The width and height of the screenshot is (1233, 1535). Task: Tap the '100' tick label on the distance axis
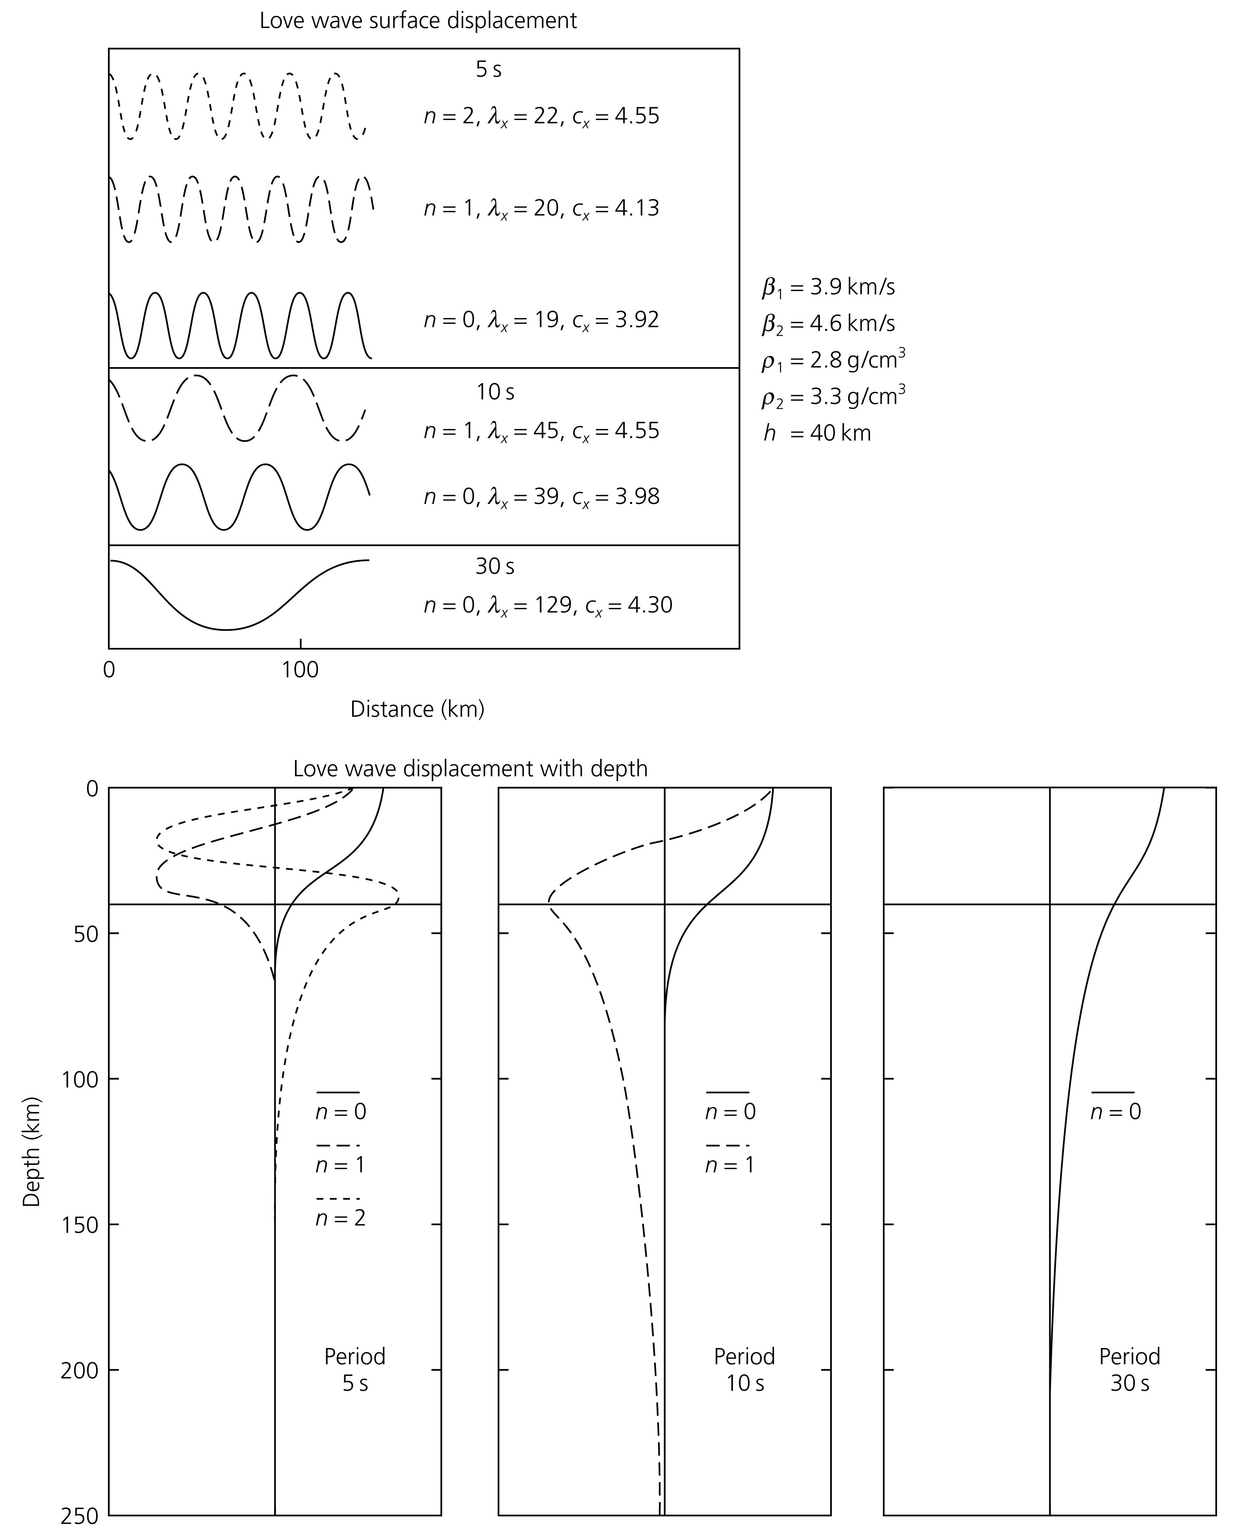[x=300, y=670]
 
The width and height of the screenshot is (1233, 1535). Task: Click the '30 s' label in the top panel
[x=495, y=567]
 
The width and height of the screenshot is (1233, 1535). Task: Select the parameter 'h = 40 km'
[x=817, y=433]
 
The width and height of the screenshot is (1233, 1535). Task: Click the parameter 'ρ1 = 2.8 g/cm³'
[x=833, y=361]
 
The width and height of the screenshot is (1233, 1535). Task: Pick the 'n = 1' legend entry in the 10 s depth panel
[x=730, y=1165]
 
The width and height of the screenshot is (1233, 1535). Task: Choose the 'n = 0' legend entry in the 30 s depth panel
[x=1115, y=1112]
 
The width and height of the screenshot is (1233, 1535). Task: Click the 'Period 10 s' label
[x=744, y=1369]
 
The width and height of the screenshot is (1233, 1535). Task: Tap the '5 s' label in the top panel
[x=488, y=70]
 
